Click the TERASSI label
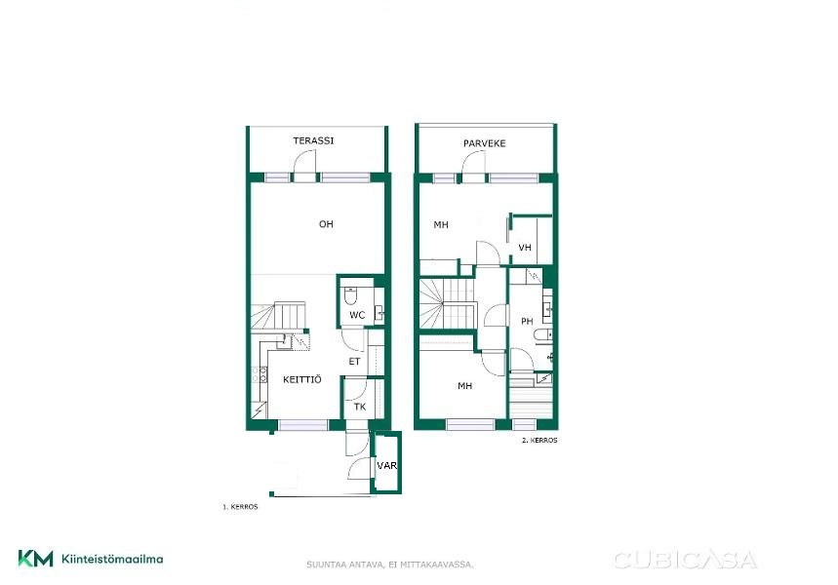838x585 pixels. (x=313, y=140)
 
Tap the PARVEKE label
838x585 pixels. (x=484, y=143)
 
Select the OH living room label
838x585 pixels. (x=326, y=224)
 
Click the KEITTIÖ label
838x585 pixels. (x=302, y=379)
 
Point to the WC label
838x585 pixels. (x=357, y=315)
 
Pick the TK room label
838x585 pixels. (x=360, y=407)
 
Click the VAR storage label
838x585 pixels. (x=387, y=466)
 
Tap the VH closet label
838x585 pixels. (x=525, y=248)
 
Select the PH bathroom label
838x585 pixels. (x=527, y=321)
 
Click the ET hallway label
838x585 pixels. (x=354, y=362)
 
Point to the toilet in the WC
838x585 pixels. (x=351, y=295)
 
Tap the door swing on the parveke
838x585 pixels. (x=474, y=163)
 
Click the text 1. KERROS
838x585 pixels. (x=240, y=506)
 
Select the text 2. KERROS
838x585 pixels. (x=539, y=441)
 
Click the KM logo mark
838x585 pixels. (x=36, y=559)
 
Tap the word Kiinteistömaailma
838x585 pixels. (x=112, y=560)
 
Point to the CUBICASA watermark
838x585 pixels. (x=685, y=560)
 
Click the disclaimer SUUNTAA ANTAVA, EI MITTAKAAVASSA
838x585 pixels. (x=390, y=565)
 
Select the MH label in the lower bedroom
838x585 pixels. (x=465, y=386)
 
